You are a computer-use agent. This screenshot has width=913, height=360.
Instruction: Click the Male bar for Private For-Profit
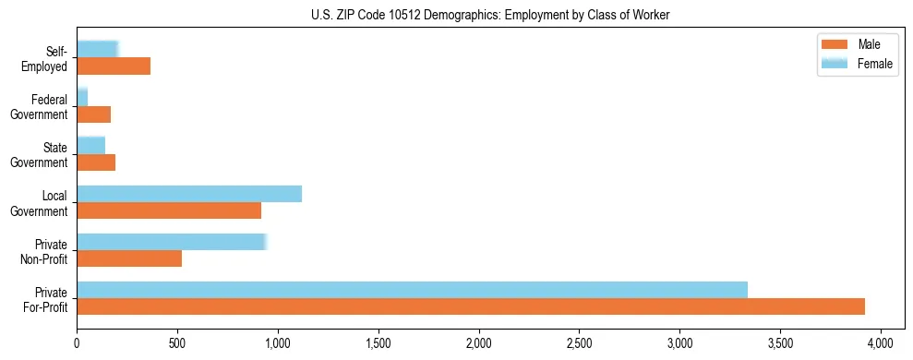(471, 306)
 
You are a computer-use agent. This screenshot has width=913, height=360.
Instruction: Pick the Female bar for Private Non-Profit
(172, 242)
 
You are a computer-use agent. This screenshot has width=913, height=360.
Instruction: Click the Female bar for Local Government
(189, 194)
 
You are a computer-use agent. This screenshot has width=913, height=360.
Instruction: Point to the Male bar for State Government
(96, 162)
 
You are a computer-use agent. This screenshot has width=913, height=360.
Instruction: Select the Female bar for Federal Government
(82, 98)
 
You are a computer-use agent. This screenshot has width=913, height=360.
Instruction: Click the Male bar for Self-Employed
(114, 66)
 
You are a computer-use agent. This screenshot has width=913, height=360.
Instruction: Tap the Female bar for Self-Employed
(97, 50)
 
